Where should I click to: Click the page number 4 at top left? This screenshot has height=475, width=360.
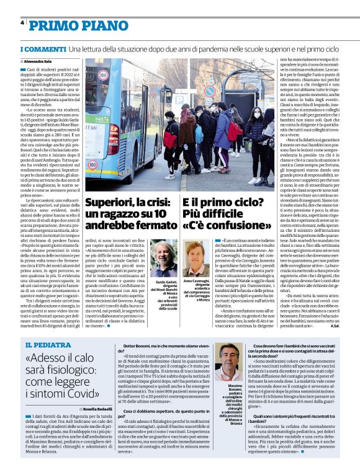point(22,23)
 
